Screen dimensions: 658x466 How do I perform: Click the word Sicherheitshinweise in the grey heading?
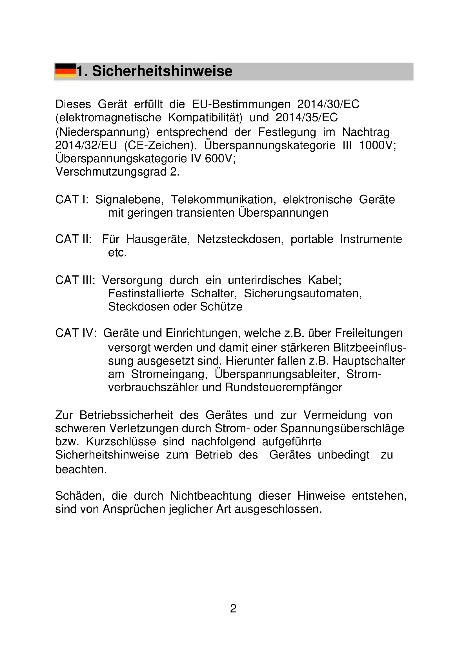[x=162, y=71]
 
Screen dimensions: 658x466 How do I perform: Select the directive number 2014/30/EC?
[x=328, y=104]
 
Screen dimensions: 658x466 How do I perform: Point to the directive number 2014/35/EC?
[x=307, y=117]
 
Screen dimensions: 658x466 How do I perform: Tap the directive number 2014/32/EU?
[x=86, y=145]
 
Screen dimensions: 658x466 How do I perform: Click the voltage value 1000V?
[x=377, y=145]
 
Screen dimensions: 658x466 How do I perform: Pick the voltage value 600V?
[x=220, y=158]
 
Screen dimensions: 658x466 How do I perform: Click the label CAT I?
[x=72, y=199]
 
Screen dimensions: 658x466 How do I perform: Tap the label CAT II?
[x=74, y=239]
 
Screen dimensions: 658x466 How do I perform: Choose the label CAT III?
[x=75, y=280]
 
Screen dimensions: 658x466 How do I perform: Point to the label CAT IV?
[x=76, y=333]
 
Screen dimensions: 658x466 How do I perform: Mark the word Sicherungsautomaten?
[x=303, y=293]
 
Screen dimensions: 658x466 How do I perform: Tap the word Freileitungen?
[x=369, y=333]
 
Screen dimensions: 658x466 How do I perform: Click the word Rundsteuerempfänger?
[x=283, y=387]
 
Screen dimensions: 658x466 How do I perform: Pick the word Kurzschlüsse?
[x=121, y=442]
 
